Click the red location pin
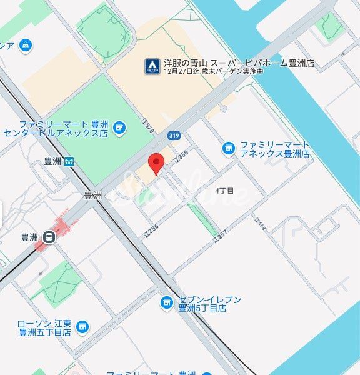coord(156,162)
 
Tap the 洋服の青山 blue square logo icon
coord(152,65)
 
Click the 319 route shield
coord(174,136)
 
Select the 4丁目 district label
coord(224,191)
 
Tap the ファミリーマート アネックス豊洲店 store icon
coord(229,148)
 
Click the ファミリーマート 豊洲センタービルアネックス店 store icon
coord(119,129)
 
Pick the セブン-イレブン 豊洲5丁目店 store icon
coord(166,303)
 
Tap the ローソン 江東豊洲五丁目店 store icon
coord(82,327)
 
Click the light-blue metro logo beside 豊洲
coord(69,161)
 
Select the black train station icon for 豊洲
coord(48,237)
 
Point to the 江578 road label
coord(148,126)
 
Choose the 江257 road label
coord(219,236)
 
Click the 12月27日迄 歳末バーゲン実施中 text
coord(213,71)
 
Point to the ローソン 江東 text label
coord(44,324)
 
